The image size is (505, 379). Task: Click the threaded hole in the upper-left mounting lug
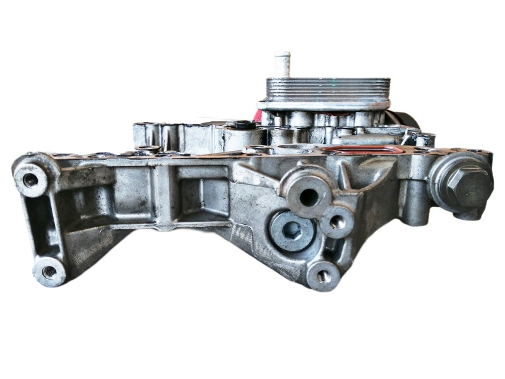[x=30, y=179]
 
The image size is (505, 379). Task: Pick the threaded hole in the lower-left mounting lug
[x=49, y=272]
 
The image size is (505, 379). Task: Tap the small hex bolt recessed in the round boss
[x=292, y=230]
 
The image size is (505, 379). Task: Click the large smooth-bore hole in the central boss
[x=309, y=196]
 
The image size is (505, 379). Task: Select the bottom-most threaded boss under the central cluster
[x=323, y=275]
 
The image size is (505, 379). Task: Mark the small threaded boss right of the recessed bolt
[x=336, y=222]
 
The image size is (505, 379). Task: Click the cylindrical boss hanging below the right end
[x=416, y=212]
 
